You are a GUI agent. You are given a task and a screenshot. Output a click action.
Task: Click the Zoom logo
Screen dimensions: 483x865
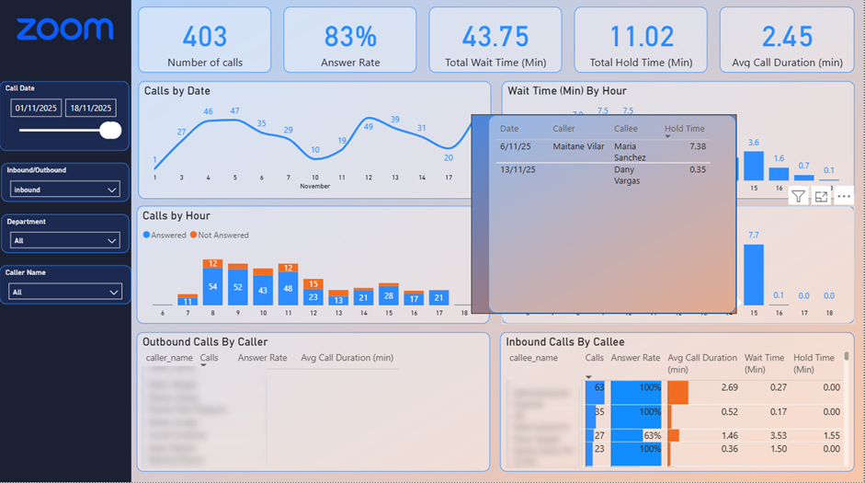point(65,29)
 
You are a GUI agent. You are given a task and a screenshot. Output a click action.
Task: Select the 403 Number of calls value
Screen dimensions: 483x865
point(204,36)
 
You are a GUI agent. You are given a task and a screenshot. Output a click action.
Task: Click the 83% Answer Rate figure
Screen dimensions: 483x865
point(349,36)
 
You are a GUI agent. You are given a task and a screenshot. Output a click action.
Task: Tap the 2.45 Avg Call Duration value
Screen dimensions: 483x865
point(787,36)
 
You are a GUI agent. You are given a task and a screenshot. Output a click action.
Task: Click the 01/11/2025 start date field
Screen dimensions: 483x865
point(36,109)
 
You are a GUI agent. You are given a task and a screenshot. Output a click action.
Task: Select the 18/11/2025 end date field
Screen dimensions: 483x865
point(90,109)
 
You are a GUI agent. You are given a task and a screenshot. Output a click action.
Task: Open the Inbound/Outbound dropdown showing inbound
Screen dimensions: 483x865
point(64,190)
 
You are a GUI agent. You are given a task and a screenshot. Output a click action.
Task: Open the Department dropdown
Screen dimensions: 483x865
point(64,240)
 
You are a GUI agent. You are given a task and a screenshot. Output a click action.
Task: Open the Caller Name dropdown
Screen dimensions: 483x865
point(64,292)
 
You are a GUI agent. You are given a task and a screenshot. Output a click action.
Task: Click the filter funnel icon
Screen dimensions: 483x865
point(798,196)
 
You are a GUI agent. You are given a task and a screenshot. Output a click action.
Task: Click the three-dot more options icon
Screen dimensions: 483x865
point(844,196)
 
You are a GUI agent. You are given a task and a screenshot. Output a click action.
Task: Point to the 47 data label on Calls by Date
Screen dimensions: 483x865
point(234,111)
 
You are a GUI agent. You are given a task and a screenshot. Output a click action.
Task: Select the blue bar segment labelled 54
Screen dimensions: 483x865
point(212,287)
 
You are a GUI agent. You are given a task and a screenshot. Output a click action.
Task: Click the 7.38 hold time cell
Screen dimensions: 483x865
point(696,146)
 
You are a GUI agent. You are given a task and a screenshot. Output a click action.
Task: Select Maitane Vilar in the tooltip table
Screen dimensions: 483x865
point(578,146)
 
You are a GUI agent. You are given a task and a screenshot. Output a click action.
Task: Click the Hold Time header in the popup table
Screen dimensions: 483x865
point(684,129)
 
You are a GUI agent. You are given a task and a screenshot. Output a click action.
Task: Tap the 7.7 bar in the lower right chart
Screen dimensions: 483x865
point(754,274)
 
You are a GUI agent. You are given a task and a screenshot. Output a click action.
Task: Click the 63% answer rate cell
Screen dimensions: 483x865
point(636,435)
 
